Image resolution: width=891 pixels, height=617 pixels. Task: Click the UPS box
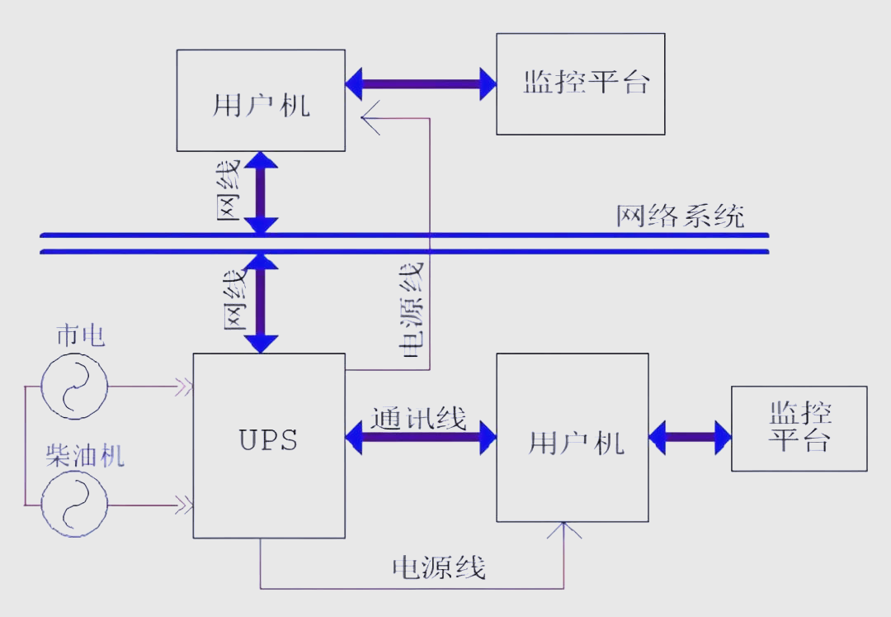tap(269, 445)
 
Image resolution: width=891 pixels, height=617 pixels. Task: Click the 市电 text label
tap(80, 337)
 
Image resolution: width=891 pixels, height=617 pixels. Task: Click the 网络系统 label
tap(680, 216)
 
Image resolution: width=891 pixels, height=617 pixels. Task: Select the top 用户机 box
tap(261, 101)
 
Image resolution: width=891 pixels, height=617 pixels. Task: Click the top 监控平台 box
tap(580, 83)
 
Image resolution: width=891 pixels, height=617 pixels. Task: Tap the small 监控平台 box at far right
tap(799, 428)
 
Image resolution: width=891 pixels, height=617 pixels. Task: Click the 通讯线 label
tap(418, 419)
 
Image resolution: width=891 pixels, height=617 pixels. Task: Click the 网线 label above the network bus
tap(229, 191)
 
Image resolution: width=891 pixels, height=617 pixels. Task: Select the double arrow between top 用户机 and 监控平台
tap(421, 83)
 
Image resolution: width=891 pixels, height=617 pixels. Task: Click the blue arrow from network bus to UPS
tap(262, 304)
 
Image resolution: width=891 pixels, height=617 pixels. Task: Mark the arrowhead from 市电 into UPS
tap(183, 386)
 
